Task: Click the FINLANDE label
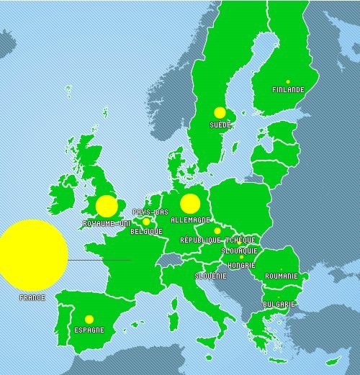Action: (x=288, y=90)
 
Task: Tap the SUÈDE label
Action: (x=220, y=125)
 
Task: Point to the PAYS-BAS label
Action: (x=150, y=212)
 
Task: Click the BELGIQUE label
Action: (x=146, y=232)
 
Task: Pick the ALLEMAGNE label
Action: (x=191, y=220)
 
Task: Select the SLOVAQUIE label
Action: (x=239, y=250)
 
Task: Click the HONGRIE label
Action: (x=240, y=265)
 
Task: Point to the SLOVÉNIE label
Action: (x=211, y=276)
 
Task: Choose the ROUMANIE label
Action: (x=281, y=276)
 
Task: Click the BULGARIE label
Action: (x=279, y=304)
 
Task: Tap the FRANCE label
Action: (x=32, y=297)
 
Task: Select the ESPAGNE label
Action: (x=89, y=330)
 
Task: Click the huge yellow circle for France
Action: (x=32, y=254)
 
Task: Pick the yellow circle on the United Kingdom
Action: (x=107, y=206)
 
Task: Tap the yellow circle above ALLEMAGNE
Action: (x=189, y=204)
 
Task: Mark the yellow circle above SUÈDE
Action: (x=220, y=112)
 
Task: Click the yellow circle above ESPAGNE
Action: (x=89, y=319)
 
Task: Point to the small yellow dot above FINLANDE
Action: (x=287, y=81)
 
